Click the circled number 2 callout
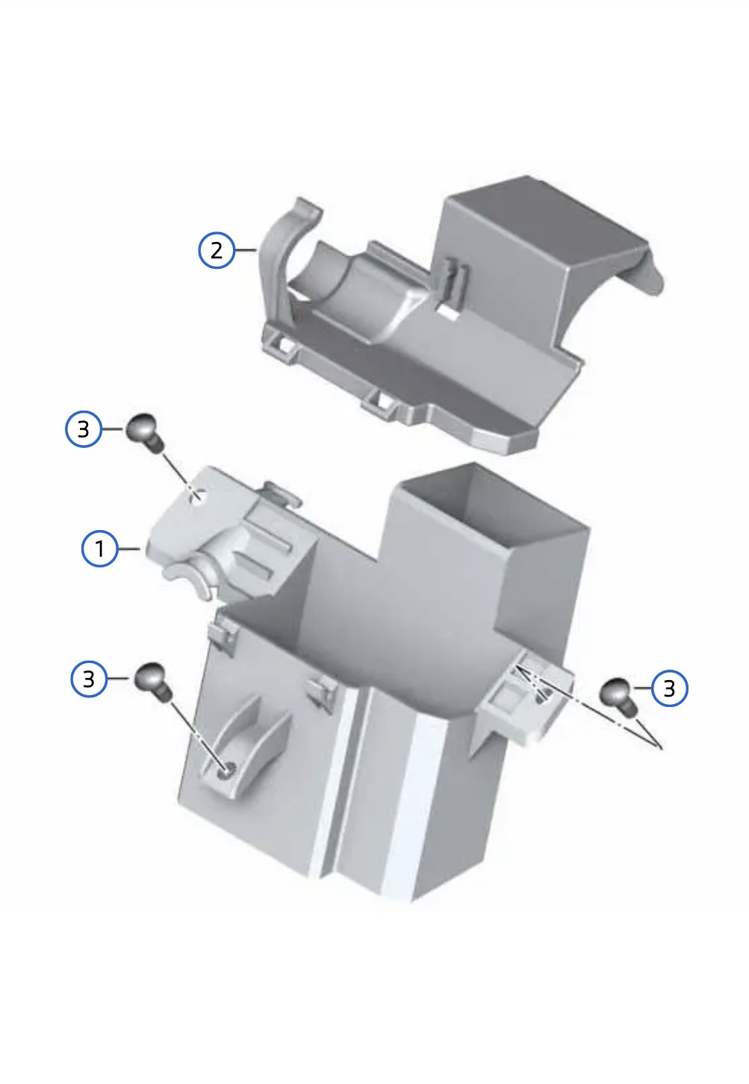pyautogui.click(x=217, y=250)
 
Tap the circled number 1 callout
pyautogui.click(x=99, y=549)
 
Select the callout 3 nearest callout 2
pyautogui.click(x=84, y=429)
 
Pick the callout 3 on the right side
pyautogui.click(x=669, y=688)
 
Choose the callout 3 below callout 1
pyautogui.click(x=89, y=679)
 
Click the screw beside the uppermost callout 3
pyautogui.click(x=146, y=433)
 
